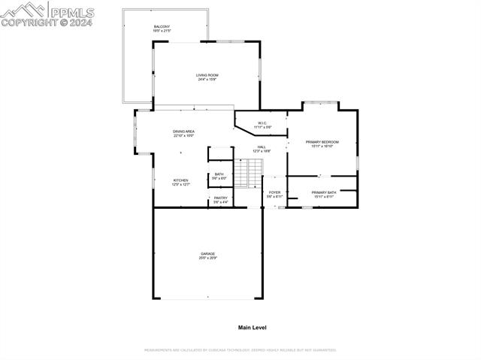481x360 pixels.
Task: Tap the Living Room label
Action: point(207,75)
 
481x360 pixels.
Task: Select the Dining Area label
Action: point(184,132)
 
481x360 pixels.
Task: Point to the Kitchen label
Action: point(181,180)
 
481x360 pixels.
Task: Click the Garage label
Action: point(207,254)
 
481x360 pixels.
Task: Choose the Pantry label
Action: point(220,198)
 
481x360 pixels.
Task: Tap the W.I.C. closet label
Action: point(262,123)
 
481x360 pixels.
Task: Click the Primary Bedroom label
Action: point(322,141)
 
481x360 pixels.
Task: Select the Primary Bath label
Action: point(324,192)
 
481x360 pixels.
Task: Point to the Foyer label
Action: point(274,192)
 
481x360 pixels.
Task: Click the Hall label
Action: point(262,147)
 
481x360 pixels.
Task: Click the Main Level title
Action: point(253,328)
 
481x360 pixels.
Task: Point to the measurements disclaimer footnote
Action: point(240,349)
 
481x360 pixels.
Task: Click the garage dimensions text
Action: point(207,258)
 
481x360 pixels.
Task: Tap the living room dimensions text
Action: point(207,80)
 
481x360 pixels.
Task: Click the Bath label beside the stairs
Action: point(219,174)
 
